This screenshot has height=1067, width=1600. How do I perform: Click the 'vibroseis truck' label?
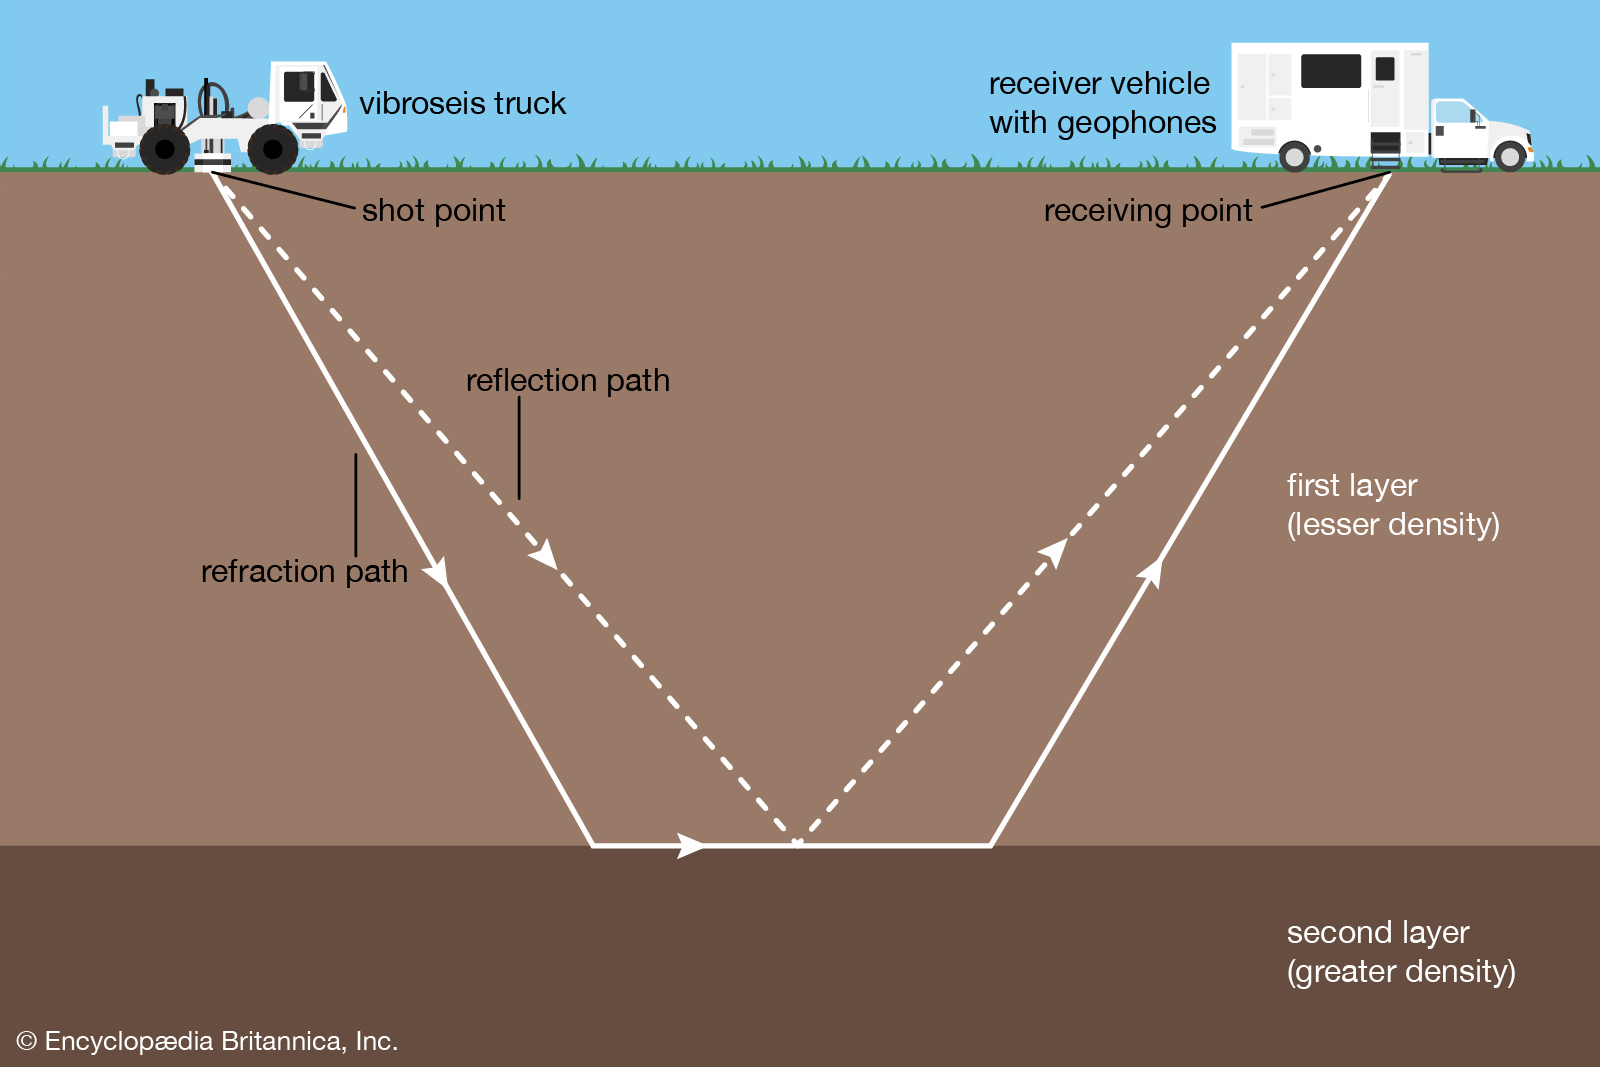(462, 104)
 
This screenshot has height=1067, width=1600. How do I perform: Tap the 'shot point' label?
(433, 211)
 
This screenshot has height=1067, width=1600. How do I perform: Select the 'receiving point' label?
(1147, 211)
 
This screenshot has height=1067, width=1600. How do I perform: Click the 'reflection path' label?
(567, 381)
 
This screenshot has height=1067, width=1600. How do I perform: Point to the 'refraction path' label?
(304, 572)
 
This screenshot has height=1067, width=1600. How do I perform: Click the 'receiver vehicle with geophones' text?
(1101, 103)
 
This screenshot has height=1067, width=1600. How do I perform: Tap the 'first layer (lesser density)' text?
(1392, 505)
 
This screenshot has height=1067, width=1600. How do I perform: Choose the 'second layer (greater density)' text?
(1400, 952)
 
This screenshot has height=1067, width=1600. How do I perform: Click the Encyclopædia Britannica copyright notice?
(207, 1041)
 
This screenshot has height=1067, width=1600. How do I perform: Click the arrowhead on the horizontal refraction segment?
(691, 845)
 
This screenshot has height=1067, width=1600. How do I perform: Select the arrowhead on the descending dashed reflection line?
(543, 554)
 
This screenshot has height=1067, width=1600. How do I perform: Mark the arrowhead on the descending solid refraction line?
(437, 572)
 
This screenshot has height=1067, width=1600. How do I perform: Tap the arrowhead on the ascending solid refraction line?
(1152, 573)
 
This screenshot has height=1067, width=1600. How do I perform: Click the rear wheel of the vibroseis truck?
(164, 151)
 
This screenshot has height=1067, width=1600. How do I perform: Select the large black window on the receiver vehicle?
(1330, 71)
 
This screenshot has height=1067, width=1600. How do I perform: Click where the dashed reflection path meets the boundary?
(797, 843)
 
